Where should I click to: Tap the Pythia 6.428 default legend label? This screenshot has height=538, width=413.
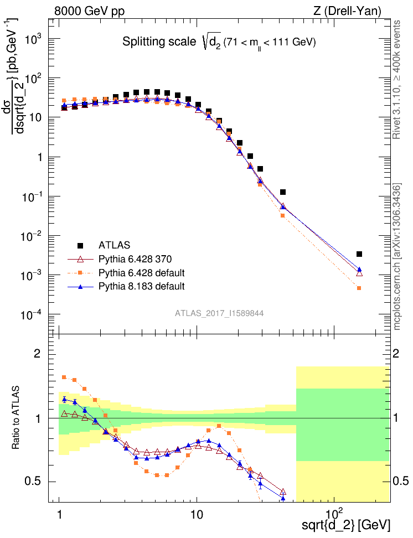point(141,273)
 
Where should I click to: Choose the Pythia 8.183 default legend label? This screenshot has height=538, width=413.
point(141,286)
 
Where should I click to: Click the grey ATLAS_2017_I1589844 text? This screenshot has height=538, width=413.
point(219,313)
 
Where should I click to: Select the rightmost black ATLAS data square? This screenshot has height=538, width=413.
point(359,254)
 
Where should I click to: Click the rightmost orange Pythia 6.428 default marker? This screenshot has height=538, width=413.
point(359,288)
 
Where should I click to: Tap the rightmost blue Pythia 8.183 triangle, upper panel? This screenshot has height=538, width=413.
point(359,270)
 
